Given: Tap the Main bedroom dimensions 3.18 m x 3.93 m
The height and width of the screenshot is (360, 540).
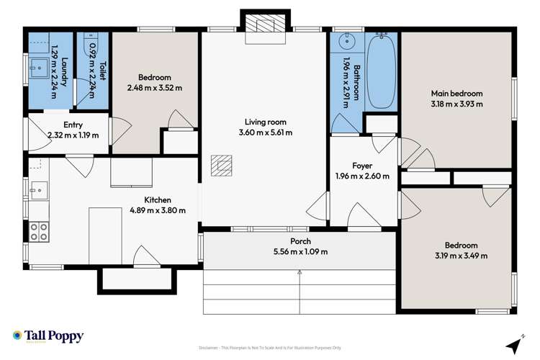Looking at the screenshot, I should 456,104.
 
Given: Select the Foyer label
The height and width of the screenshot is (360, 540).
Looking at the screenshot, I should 361,165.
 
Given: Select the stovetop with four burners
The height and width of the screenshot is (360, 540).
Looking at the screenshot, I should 39,231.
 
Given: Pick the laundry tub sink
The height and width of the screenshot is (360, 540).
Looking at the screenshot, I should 38,71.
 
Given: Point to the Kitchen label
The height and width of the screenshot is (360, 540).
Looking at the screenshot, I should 156,200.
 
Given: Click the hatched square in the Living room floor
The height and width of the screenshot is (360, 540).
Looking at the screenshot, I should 222,166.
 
